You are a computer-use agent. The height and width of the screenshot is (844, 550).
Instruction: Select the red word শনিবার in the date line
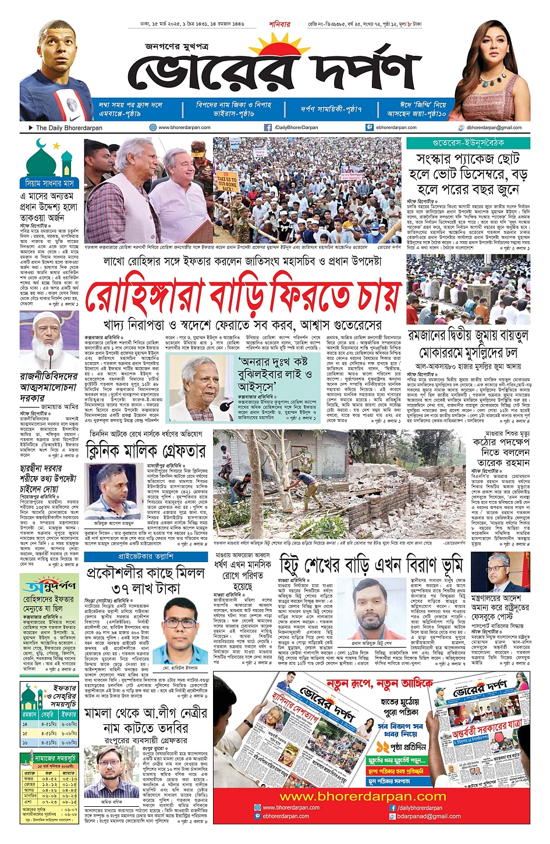279,24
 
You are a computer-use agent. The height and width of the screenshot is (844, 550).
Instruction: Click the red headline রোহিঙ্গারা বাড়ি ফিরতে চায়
243,296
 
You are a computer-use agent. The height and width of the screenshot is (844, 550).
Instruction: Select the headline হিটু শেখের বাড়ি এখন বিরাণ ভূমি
373,564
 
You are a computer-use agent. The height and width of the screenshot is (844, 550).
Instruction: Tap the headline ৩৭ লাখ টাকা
146,588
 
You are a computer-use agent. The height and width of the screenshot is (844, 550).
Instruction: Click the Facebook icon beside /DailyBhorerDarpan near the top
268,127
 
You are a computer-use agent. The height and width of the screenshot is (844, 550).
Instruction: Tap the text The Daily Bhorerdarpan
69,128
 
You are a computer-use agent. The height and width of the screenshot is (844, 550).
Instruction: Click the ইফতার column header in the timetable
68,714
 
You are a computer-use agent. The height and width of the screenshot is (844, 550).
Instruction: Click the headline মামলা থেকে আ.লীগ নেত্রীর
146,713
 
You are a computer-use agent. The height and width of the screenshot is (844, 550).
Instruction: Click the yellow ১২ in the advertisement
383,746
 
